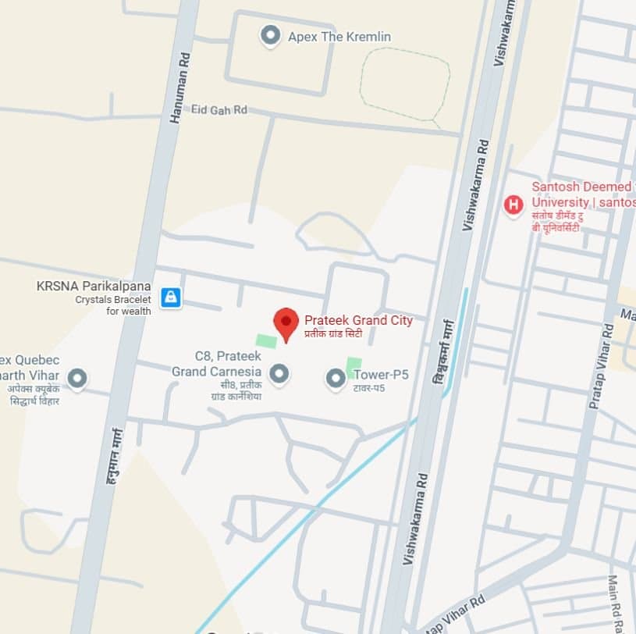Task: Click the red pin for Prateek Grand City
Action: (286, 322)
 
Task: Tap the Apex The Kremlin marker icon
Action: (271, 35)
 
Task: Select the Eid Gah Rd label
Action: (219, 110)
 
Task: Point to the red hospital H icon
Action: (513, 205)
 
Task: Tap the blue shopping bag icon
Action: (170, 297)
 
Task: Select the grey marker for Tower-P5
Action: (336, 379)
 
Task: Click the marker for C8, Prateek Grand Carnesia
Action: (279, 373)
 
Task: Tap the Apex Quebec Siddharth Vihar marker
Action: (76, 379)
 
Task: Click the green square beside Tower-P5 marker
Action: (354, 365)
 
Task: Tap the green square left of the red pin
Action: (265, 341)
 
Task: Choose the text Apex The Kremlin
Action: (339, 37)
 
